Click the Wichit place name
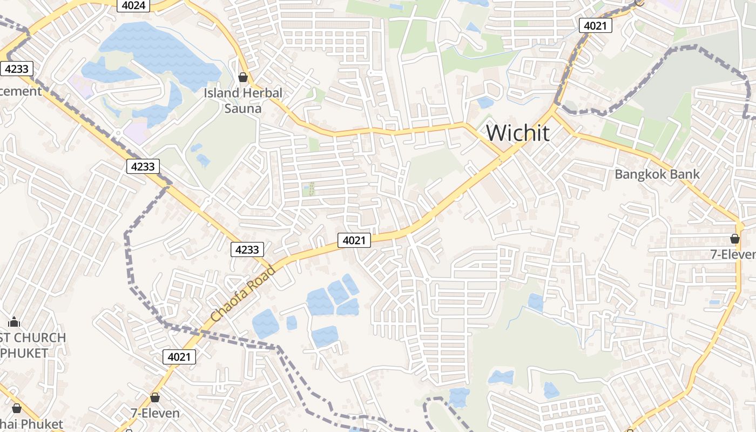coord(518,133)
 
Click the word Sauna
coord(243,109)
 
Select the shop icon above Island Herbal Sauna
coord(243,77)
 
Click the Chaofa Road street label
coord(243,293)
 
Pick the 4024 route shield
coord(133,5)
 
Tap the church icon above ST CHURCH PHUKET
coord(14,322)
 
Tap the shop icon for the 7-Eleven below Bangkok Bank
coord(734,238)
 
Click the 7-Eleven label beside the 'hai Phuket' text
coord(155,413)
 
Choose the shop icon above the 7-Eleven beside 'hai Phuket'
coord(155,397)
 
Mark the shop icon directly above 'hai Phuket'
coord(16,408)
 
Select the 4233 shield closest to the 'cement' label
coord(17,69)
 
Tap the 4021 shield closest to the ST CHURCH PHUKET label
coord(179,356)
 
